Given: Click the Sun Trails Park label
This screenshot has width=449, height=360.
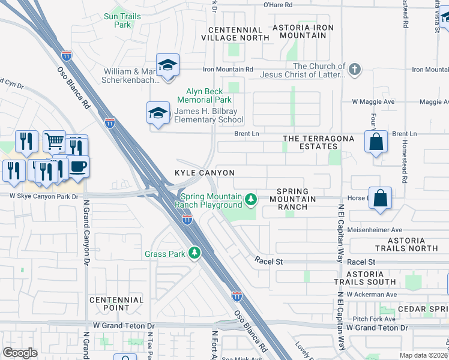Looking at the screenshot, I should click(122, 21).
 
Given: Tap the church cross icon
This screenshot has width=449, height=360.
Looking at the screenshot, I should click(355, 69).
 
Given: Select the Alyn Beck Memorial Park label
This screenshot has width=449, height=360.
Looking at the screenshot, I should click(205, 95).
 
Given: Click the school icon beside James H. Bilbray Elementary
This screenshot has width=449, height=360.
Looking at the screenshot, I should click(158, 113).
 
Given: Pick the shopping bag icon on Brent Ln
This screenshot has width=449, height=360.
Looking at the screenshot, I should click(376, 143).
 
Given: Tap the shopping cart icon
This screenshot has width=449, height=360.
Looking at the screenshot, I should click(54, 141).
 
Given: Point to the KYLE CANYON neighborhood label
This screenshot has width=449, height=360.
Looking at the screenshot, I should click(204, 173).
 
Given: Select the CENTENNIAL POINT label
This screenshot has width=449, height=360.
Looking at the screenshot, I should click(116, 304).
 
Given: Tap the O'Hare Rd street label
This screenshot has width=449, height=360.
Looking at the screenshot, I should click(278, 5).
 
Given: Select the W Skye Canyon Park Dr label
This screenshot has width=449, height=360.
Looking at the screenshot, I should click(44, 196).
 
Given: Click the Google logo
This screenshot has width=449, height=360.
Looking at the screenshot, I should click(20, 353).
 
